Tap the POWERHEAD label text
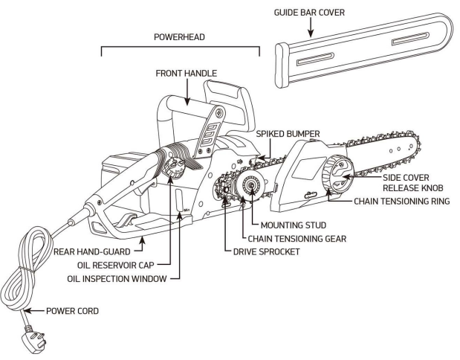click(x=180, y=35)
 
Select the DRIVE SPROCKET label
click(x=262, y=251)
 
